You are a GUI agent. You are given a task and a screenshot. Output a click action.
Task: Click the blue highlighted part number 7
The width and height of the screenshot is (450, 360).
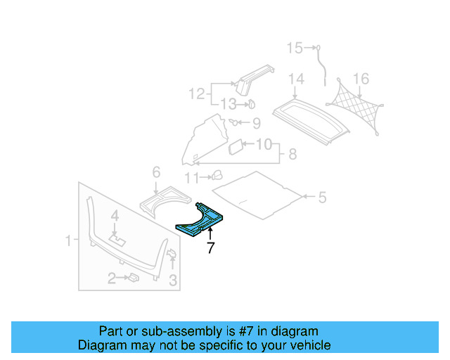[x=201, y=219]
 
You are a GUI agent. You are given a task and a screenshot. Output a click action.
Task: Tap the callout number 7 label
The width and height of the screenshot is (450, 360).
[x=210, y=247]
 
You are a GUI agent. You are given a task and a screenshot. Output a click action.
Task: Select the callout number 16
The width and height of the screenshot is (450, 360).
[x=361, y=78]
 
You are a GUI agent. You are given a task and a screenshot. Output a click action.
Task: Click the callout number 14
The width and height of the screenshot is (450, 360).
[x=295, y=79]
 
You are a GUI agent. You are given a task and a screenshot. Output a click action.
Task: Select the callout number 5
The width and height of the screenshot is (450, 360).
[x=321, y=198]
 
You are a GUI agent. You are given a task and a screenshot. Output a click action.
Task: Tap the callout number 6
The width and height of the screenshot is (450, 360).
[x=156, y=172]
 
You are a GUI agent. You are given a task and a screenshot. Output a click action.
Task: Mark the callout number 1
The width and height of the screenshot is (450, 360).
[x=68, y=241]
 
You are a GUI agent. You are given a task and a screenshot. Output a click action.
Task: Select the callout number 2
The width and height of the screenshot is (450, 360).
[x=111, y=279]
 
